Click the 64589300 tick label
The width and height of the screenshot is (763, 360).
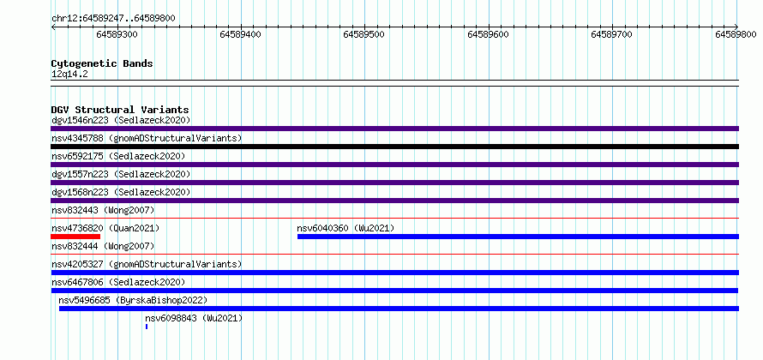117,34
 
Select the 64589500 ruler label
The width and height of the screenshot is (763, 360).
364,34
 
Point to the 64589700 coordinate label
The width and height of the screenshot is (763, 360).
611,34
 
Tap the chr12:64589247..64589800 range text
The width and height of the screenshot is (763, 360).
113,19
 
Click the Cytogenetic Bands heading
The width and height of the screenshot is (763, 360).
102,63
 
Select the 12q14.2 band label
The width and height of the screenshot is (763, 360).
69,75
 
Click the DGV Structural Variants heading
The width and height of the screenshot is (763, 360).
120,110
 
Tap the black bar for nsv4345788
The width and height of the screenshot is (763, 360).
394,147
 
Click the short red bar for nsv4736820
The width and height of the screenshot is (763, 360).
75,237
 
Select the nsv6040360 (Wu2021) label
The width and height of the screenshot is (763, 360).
345,228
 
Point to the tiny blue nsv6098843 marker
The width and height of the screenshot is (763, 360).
147,327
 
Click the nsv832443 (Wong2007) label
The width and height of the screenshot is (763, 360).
103,210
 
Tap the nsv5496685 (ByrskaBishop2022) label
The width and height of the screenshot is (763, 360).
133,300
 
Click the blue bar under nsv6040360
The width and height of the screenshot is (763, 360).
518,237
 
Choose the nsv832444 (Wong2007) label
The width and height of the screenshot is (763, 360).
103,246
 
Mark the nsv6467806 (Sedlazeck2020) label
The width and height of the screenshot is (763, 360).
118,282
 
